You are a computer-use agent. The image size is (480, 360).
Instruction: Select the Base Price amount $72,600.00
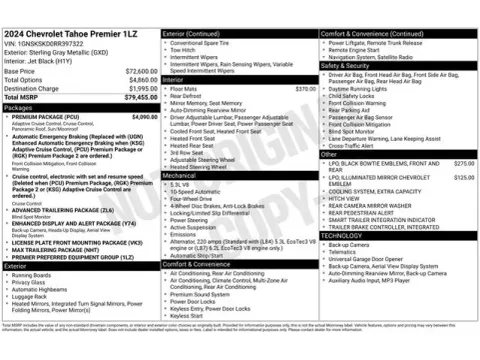coord(138,72)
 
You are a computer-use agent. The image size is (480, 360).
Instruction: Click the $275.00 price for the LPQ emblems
coord(464,162)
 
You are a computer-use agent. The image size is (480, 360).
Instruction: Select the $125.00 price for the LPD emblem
coord(464,176)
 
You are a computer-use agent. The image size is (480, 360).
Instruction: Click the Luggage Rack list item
coord(31,297)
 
